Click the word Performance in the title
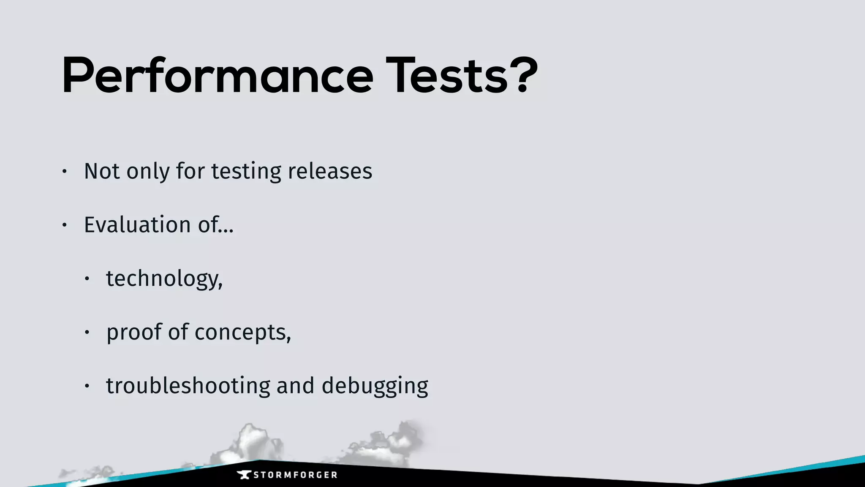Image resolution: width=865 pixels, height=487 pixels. point(218,76)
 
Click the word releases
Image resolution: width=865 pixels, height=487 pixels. point(330,171)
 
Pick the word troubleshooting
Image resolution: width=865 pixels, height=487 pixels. point(188,386)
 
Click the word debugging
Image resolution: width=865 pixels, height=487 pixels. point(375,386)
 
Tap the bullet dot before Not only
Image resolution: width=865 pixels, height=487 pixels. point(64,172)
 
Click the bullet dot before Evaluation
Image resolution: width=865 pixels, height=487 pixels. point(64,225)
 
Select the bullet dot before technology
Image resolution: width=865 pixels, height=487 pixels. point(87,279)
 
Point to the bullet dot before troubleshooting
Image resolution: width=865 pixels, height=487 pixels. point(87,386)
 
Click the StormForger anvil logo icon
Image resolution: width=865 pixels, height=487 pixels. point(244,475)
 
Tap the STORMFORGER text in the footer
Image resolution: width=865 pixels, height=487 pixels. point(295,475)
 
